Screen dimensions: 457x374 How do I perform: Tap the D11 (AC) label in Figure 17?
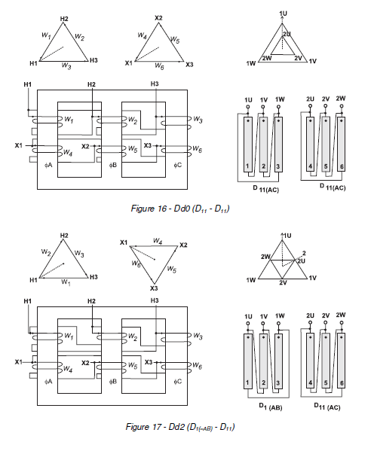(325, 407)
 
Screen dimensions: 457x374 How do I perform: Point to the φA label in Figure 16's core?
(49, 163)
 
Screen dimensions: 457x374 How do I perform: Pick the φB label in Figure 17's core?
(113, 382)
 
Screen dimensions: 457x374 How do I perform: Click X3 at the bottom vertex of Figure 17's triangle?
(153, 288)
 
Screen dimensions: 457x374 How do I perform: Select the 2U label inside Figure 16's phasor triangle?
(286, 35)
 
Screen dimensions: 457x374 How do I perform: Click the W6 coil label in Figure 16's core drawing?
(198, 150)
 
